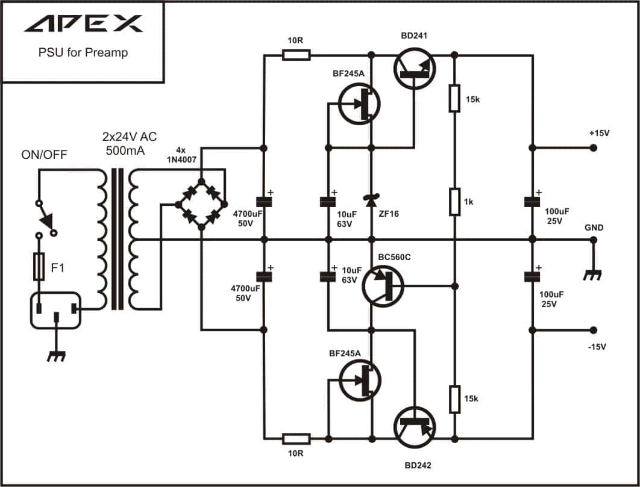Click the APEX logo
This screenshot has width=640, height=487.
pos(84,23)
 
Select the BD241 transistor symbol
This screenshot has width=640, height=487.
pos(415,69)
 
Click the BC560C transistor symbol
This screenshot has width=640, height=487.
pos(383,286)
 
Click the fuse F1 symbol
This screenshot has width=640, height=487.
pos(39,266)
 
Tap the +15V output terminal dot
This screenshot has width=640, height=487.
pos(594,147)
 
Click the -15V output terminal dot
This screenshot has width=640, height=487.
pos(594,330)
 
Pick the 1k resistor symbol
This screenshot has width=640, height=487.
pos(455,202)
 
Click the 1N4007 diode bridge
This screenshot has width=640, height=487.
pos(201,203)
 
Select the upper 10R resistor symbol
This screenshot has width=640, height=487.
pos(296,55)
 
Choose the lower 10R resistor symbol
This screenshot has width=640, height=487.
pos(296,439)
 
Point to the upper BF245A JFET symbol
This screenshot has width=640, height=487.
pos(359,104)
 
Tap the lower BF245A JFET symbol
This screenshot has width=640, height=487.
pos(360,380)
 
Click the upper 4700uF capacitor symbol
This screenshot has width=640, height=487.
pos(264,202)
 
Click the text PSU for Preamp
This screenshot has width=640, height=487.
pos(83,52)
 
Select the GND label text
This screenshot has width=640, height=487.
pos(594,228)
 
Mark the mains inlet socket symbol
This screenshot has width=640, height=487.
pos(56,311)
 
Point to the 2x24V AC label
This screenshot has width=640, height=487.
pos(130,137)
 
